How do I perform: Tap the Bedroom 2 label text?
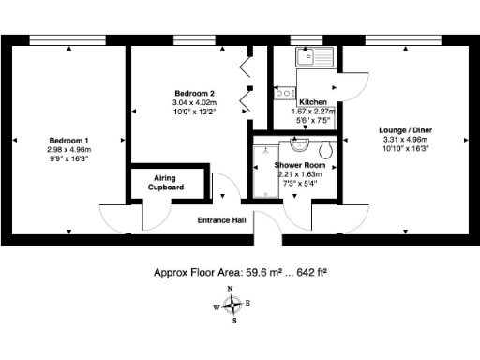(194, 93)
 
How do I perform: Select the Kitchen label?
(312, 102)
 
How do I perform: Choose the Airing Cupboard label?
(164, 183)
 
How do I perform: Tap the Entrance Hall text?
(220, 221)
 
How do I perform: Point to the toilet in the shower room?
(325, 150)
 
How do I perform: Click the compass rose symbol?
(233, 305)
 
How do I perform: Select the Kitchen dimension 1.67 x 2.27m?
(312, 112)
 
